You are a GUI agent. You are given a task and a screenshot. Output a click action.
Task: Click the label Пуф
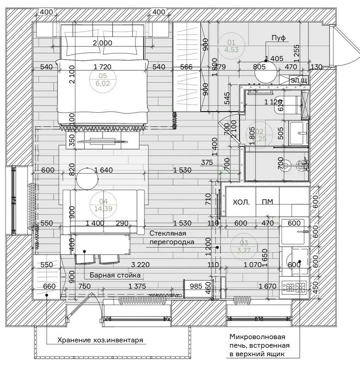click(279, 38)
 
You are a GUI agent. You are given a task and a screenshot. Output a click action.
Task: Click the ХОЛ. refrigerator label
click(241, 202)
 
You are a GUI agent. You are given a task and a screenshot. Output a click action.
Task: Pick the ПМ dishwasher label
click(267, 202)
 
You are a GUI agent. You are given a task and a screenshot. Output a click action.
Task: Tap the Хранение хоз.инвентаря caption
click(100, 340)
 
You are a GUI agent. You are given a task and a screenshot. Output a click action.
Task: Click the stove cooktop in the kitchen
click(295, 286)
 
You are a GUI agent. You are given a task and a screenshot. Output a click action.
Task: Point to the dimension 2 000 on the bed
click(102, 43)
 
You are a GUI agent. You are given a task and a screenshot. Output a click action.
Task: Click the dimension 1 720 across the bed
click(102, 67)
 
